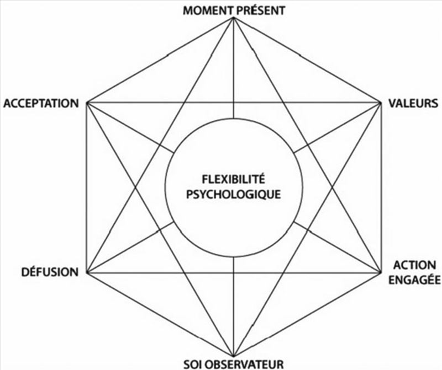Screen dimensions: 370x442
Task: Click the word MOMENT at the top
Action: [x=204, y=10]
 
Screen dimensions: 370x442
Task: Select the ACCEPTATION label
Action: [x=41, y=103]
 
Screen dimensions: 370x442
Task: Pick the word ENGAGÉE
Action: [x=414, y=279]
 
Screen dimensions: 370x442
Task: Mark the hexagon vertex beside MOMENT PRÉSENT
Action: [x=234, y=18]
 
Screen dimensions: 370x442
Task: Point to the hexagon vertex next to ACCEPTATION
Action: [x=87, y=103]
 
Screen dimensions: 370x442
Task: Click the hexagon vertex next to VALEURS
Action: [x=381, y=103]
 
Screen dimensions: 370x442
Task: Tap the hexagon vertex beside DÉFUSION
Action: [x=87, y=272]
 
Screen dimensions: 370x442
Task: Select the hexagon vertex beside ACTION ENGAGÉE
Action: [x=381, y=272]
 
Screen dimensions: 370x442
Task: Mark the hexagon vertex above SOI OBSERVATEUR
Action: [x=234, y=357]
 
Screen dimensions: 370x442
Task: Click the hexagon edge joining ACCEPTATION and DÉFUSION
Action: [x=87, y=187]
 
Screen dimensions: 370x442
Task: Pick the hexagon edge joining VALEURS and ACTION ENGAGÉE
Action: [x=381, y=187]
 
